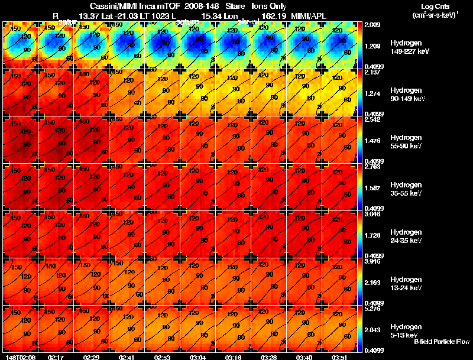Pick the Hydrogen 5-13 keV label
tap(406, 330)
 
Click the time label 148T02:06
tap(18, 357)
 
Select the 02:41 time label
tap(127, 357)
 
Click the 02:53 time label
tap(162, 357)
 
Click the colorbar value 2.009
tap(374, 25)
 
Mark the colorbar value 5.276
tap(374, 308)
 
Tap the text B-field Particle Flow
tap(442, 342)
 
